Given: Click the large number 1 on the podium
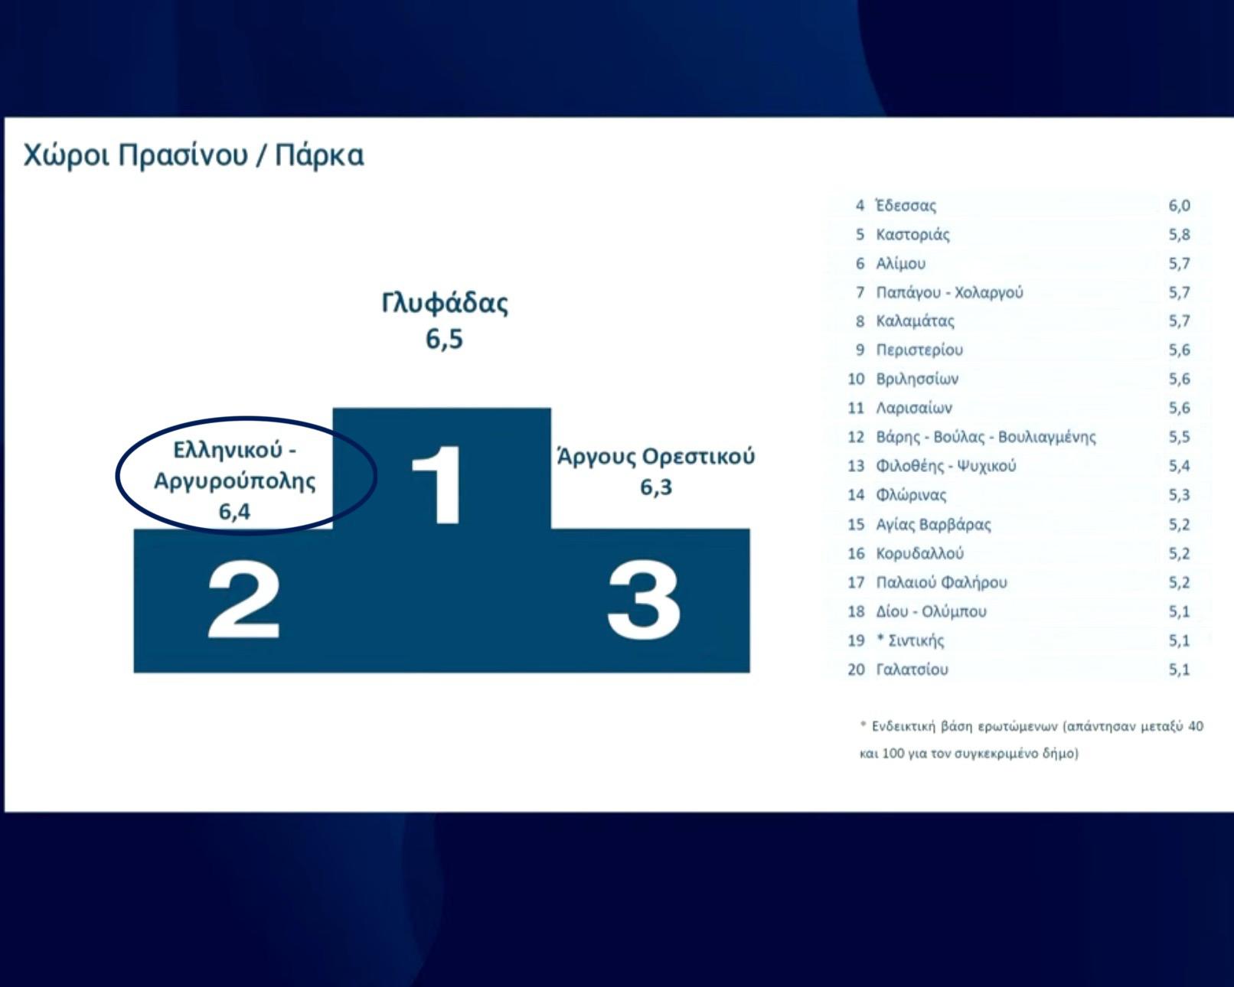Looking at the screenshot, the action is pos(438,484).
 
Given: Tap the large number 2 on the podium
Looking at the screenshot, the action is pos(243,600).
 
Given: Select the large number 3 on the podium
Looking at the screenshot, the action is pos(644,600).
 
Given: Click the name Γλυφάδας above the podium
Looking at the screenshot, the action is pos(445,303).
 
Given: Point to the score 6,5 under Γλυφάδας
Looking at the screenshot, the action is pos(444,339).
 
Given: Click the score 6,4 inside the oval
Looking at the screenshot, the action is pos(234,511).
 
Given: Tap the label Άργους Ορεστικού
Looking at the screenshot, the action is pos(656,457).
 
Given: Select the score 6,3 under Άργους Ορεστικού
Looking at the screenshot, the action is pos(656,487).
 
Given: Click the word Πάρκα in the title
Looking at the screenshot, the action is pos(319,155).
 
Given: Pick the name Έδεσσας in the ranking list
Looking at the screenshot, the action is pos(906,205).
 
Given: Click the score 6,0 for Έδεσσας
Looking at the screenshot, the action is pos(1180,205).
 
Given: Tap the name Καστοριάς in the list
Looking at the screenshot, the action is pos(913,234).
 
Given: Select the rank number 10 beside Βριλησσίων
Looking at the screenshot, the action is pos(856,379).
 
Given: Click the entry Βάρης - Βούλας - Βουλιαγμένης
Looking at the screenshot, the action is pos(986,438).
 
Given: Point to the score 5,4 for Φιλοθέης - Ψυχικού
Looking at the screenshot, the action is pos(1180,466).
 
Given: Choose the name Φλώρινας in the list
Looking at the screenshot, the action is pos(911,495).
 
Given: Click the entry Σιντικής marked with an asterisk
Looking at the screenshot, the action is pos(910,640).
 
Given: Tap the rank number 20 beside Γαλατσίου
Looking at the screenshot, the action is pos(856,669).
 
